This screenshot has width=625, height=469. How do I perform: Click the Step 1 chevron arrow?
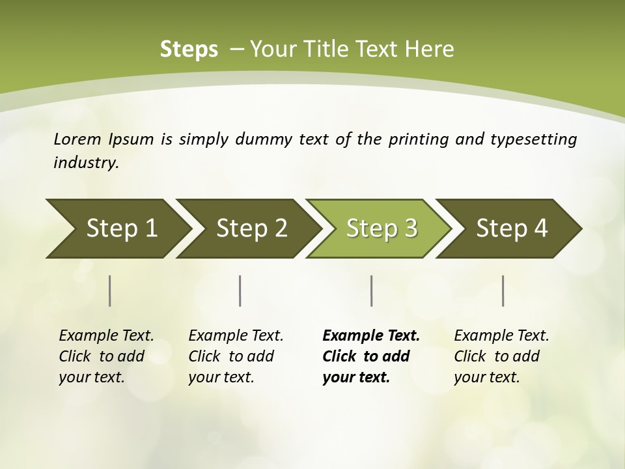[117, 229]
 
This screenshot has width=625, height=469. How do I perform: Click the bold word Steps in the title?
[189, 50]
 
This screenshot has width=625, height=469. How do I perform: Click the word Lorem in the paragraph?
[77, 139]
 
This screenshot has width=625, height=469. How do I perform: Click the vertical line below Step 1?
[110, 291]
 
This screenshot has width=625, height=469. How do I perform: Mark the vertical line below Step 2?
[240, 291]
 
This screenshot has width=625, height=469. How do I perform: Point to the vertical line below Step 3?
[372, 291]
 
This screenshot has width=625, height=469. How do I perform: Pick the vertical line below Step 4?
[503, 291]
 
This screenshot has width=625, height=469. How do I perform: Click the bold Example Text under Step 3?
[371, 336]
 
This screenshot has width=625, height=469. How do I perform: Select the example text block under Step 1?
[106, 356]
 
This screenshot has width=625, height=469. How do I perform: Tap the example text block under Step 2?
[236, 356]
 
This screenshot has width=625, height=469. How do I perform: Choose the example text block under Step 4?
[501, 356]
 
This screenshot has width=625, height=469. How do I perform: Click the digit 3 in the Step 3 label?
[410, 229]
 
